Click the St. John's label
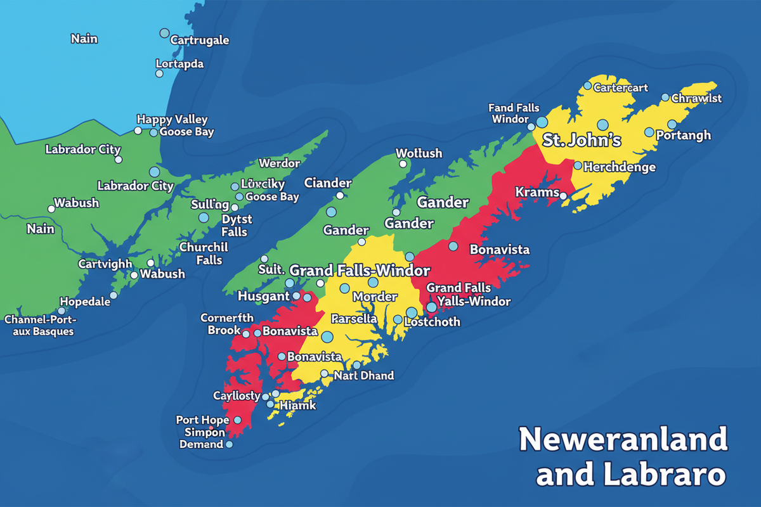[582, 140]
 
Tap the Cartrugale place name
[200, 41]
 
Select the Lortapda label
[179, 65]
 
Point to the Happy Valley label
[172, 119]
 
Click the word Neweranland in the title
[623, 439]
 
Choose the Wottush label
[419, 153]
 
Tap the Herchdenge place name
[619, 167]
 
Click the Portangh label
[683, 136]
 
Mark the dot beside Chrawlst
[665, 98]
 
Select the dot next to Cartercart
[588, 86]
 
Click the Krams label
[537, 192]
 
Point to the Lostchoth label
[432, 322]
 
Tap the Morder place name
[375, 297]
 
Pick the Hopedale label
[85, 302]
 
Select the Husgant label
[264, 296]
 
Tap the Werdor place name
[280, 164]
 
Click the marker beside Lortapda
[159, 74]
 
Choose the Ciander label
[327, 183]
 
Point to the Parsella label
[354, 319]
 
